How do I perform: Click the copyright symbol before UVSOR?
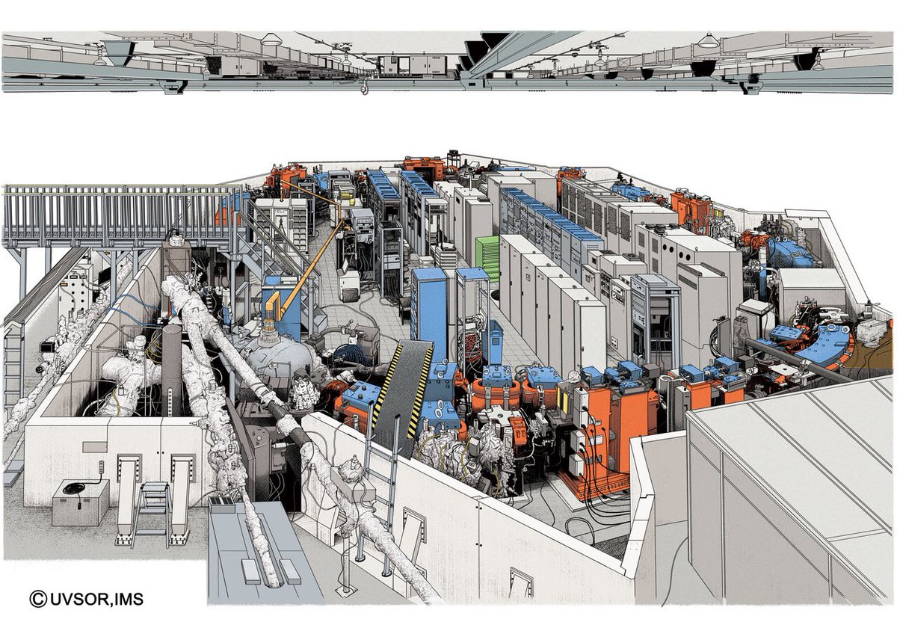point(38,599)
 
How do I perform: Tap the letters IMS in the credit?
point(129,599)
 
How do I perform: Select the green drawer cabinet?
point(487,259)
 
